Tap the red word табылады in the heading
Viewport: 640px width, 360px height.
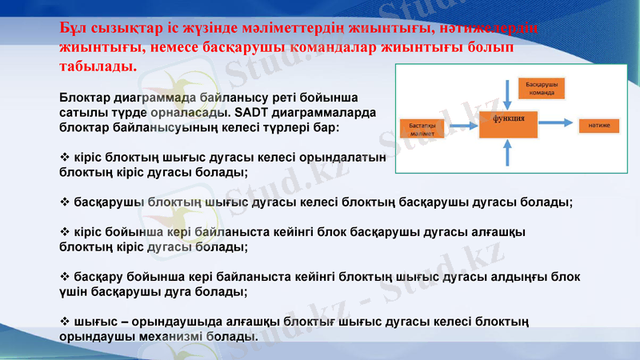click(98, 64)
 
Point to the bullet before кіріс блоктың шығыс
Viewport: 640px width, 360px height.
click(65, 158)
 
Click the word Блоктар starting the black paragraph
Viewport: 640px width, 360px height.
click(86, 98)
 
